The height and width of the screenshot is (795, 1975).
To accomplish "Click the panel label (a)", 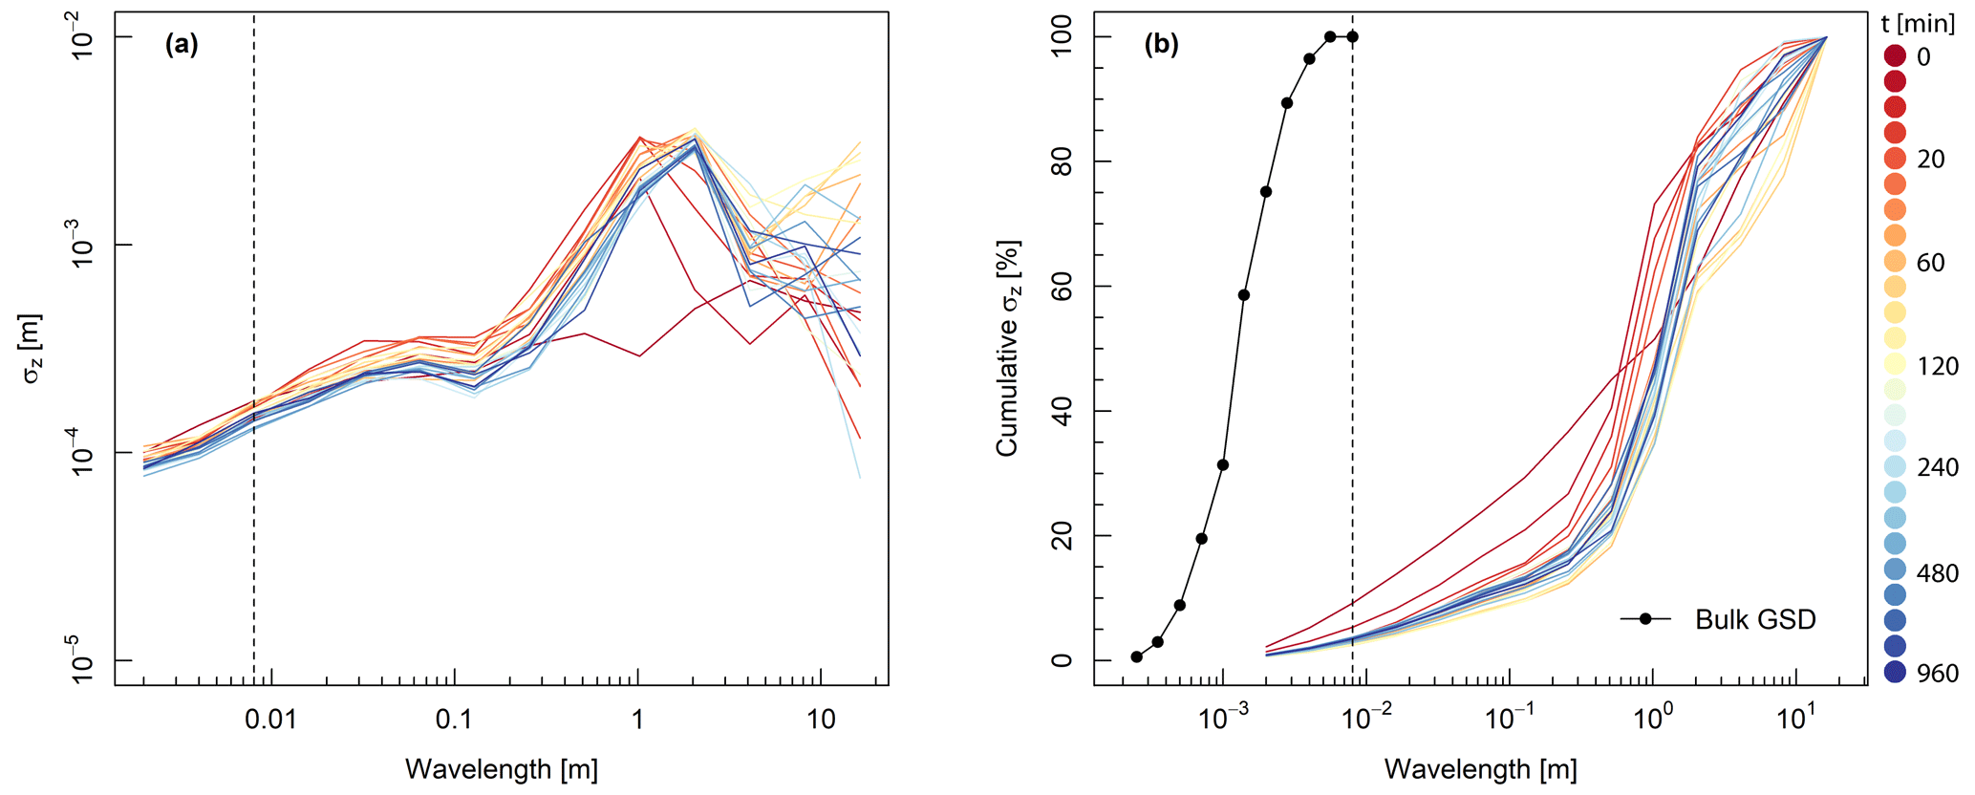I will tap(182, 45).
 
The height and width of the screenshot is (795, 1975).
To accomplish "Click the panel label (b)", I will tap(1161, 45).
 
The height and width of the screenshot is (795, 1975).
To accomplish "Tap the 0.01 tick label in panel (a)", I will tap(270, 719).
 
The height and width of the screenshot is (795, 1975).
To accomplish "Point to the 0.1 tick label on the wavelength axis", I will tap(454, 719).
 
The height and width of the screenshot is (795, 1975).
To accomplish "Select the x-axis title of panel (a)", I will tap(502, 769).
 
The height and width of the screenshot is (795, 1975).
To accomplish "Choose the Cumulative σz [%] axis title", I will tap(1009, 349).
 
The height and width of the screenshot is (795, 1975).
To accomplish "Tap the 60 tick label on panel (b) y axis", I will tap(1062, 287).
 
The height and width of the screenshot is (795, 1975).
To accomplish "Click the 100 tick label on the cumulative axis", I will tap(1062, 37).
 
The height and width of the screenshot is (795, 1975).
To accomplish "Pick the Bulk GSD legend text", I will tap(1755, 620).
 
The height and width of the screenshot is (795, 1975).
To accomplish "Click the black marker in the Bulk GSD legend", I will tap(1645, 619).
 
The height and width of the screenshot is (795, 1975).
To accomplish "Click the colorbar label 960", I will tap(1936, 674).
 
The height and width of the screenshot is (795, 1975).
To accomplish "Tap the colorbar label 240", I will tap(1936, 467).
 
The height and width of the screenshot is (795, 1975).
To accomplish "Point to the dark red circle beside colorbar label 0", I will tap(1895, 56).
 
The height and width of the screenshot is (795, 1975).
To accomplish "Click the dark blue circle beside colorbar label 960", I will tap(1895, 673).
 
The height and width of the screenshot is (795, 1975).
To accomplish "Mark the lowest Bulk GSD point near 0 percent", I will tap(1136, 656).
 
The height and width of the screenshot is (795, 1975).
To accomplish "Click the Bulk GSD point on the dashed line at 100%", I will tap(1352, 37).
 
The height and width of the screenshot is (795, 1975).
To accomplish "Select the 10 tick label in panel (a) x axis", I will tap(822, 719).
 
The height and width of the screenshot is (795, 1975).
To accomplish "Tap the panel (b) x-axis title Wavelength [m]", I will tap(1480, 769).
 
